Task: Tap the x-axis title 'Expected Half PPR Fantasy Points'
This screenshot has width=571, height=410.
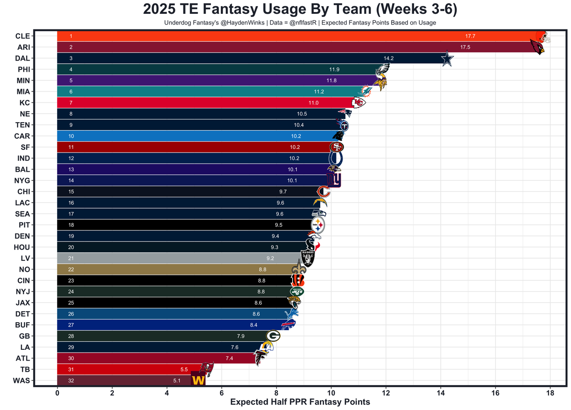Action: click(300, 402)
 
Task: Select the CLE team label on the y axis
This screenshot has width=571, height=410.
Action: click(22, 36)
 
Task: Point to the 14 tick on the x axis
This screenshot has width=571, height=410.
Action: click(440, 394)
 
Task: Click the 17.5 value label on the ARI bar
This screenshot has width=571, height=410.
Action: click(465, 47)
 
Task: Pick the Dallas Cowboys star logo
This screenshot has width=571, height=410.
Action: click(447, 59)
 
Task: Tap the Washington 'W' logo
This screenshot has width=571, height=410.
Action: click(198, 379)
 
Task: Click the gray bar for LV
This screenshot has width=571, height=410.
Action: click(178, 258)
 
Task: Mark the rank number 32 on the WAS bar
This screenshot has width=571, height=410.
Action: click(71, 381)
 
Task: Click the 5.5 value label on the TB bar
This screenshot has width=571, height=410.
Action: click(184, 369)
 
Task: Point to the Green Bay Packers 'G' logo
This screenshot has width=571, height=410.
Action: click(273, 336)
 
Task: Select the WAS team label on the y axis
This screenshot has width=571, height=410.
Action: click(21, 381)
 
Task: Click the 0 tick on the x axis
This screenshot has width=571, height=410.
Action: click(57, 394)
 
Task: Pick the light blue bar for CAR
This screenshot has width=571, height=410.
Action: click(178, 136)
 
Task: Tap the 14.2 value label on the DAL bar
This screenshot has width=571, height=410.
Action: click(389, 58)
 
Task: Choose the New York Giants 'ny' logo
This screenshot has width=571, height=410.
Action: click(333, 180)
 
